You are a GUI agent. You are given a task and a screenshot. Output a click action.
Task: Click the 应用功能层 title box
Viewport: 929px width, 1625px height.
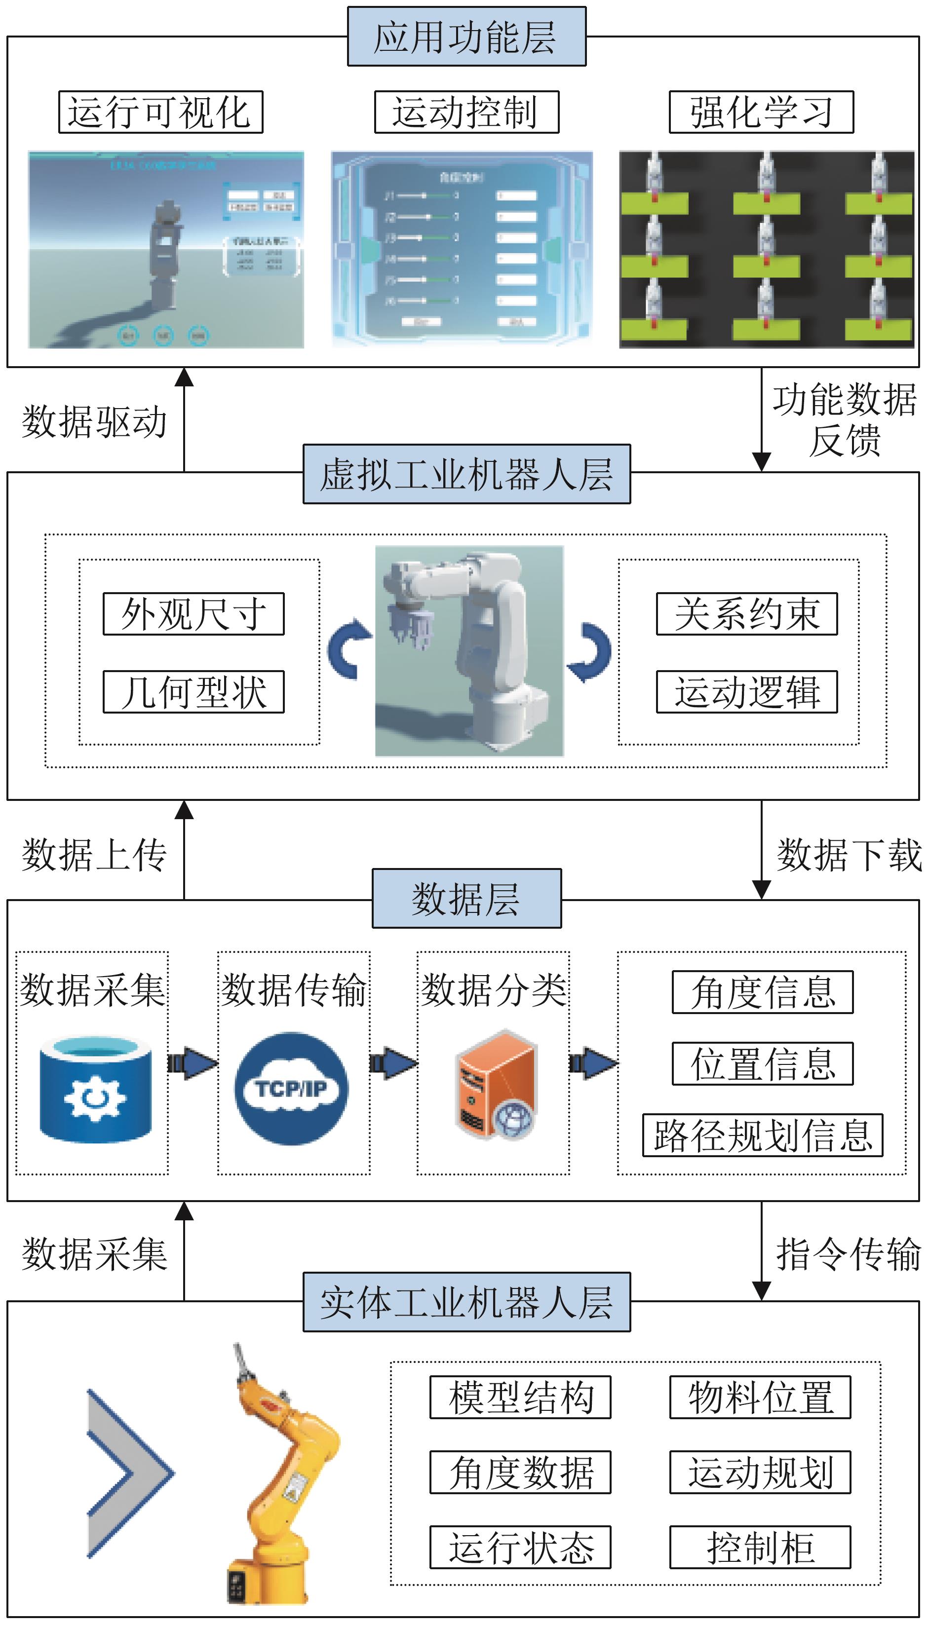pyautogui.click(x=466, y=37)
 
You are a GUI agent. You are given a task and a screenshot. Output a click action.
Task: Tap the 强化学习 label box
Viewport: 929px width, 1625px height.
pyautogui.click(x=761, y=112)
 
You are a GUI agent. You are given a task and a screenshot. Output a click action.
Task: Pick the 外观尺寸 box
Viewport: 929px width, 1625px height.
pyautogui.click(x=194, y=614)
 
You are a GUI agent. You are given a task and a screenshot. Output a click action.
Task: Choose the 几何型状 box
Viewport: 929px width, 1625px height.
pyautogui.click(x=194, y=692)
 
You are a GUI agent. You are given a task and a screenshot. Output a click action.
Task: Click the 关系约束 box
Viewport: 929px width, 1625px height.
pyautogui.click(x=746, y=614)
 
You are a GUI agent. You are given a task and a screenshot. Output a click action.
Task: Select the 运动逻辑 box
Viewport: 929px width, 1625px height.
pyautogui.click(x=746, y=692)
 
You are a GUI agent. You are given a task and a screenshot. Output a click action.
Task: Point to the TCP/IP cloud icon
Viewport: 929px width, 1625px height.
pyautogui.click(x=292, y=1088)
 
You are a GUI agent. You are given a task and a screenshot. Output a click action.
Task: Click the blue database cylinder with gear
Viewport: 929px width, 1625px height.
pyautogui.click(x=96, y=1088)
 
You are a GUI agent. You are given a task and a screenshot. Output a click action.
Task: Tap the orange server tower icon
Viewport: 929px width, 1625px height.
pyautogui.click(x=495, y=1084)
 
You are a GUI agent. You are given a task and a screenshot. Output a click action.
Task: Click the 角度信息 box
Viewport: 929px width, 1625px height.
pyautogui.click(x=763, y=992)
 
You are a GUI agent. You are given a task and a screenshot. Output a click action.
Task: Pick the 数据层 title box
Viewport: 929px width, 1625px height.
pyautogui.click(x=466, y=899)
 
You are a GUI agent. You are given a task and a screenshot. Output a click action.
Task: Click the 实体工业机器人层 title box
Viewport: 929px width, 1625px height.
pyautogui.click(x=466, y=1302)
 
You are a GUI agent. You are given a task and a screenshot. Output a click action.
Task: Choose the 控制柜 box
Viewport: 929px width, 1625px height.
pyautogui.click(x=760, y=1547)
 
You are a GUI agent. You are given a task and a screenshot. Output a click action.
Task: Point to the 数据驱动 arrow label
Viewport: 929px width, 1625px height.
pyautogui.click(x=94, y=422)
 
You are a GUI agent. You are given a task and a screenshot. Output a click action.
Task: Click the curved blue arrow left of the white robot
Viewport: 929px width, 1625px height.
pyautogui.click(x=348, y=649)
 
